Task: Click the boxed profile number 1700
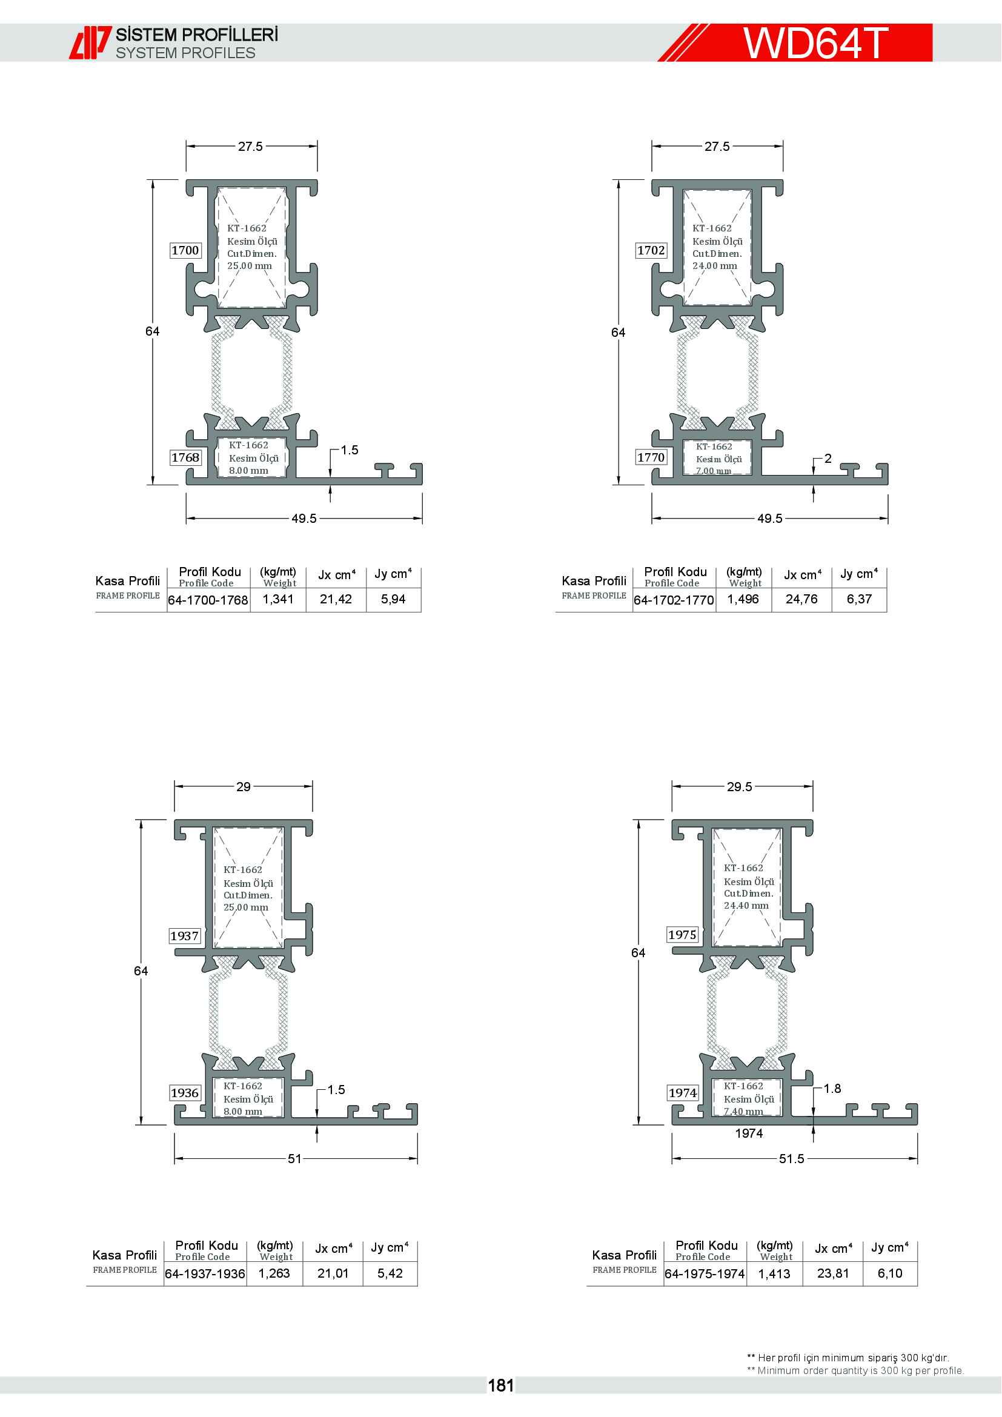coord(185,250)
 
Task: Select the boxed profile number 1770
coord(651,457)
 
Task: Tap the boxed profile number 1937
coord(185,935)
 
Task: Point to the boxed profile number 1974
coord(682,1093)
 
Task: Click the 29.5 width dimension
coord(739,787)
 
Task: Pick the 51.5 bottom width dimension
coord(791,1159)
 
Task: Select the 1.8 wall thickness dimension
coord(832,1089)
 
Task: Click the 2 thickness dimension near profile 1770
coord(828,459)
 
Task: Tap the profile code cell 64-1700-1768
coord(208,600)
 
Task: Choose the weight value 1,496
coord(743,599)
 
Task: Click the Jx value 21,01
coord(333,1273)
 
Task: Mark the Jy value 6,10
coord(890,1273)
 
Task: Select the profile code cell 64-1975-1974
coord(705,1274)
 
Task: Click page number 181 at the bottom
coord(500,1385)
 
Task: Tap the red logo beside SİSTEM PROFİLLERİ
coord(90,42)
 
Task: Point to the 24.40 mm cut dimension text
coord(746,905)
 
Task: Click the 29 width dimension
coord(243,787)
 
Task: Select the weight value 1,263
coord(274,1273)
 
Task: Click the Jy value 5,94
coord(393,599)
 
